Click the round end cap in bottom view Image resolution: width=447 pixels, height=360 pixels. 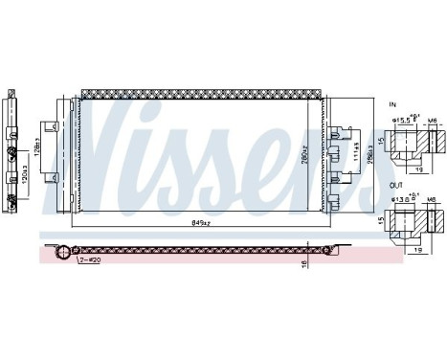pos(62,253)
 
